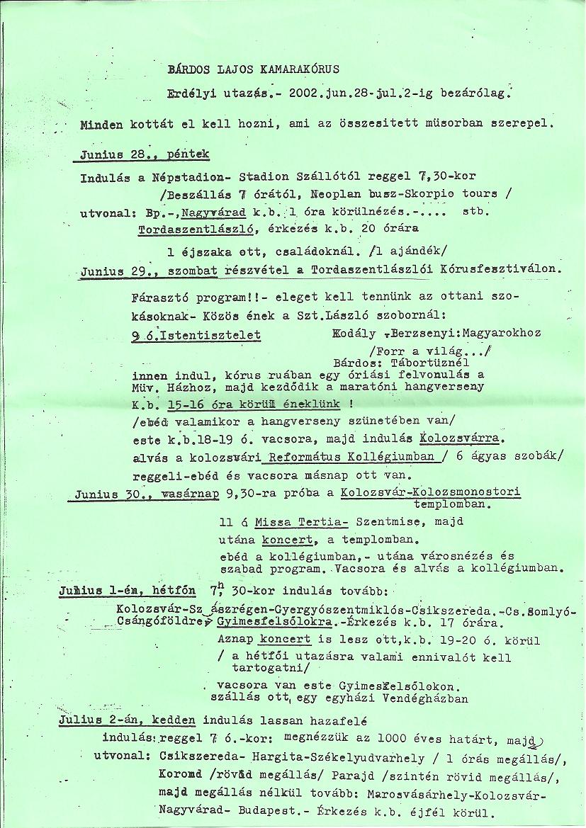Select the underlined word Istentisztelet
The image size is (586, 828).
pos(214,335)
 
